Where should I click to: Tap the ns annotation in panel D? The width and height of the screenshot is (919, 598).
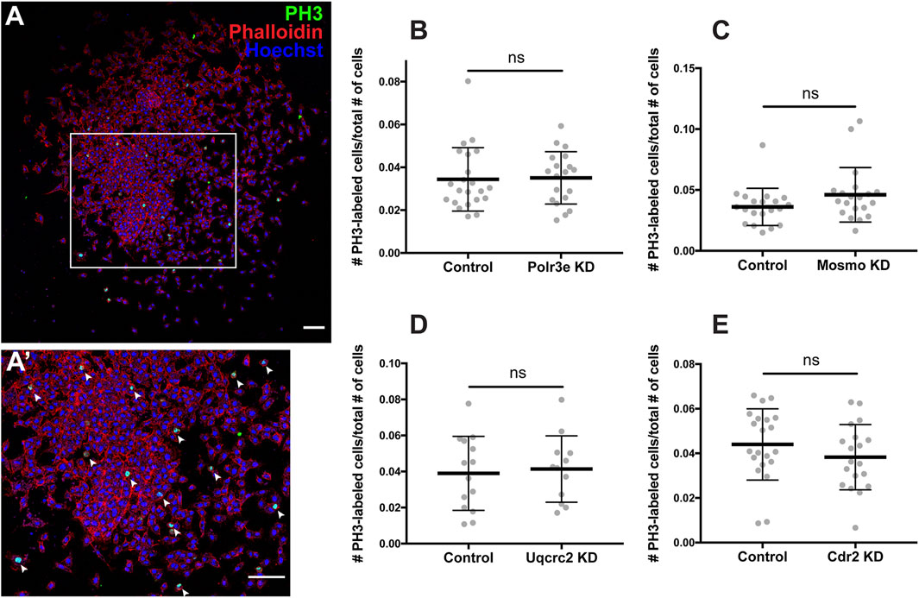coord(515,374)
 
